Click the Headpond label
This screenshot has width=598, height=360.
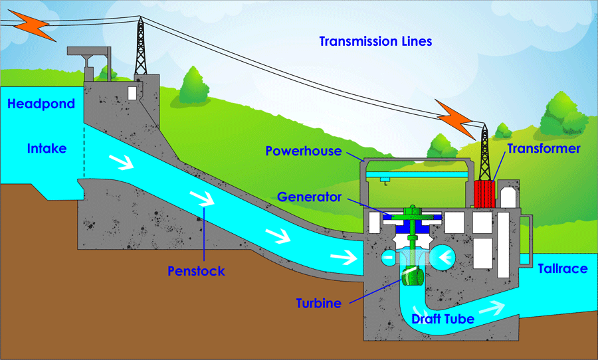pyautogui.click(x=41, y=104)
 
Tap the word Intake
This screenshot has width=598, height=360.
pyautogui.click(x=47, y=148)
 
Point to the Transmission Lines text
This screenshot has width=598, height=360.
pyautogui.click(x=375, y=42)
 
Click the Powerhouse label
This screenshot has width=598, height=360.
pyautogui.click(x=303, y=151)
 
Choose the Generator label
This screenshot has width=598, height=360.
pyautogui.click(x=310, y=197)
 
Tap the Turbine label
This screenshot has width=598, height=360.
pyautogui.click(x=318, y=304)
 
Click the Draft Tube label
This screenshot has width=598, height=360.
pyautogui.click(x=443, y=319)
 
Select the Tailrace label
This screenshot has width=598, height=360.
pyautogui.click(x=562, y=268)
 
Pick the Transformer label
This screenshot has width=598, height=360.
pyautogui.click(x=544, y=149)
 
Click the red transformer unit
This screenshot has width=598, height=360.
pyautogui.click(x=484, y=194)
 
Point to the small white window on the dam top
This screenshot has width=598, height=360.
pyautogui.click(x=133, y=92)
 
